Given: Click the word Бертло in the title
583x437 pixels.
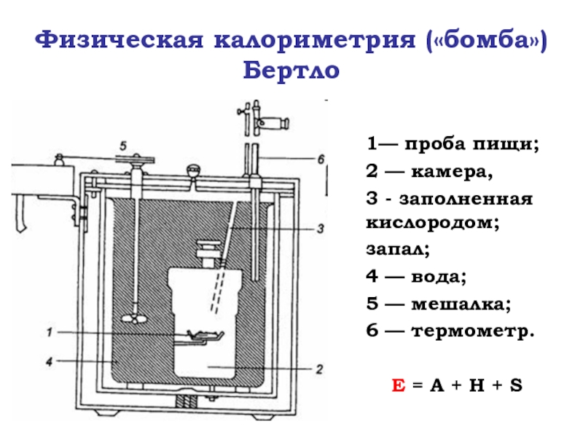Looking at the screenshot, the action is [x=291, y=71].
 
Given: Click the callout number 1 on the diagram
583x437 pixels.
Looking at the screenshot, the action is [x=50, y=333].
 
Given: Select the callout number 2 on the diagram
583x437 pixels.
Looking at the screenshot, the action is [x=318, y=369].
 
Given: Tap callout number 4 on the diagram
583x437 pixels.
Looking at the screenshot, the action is [x=48, y=361].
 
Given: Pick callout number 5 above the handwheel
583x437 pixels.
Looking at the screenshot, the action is [x=124, y=145].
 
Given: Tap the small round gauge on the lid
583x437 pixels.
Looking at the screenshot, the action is [x=193, y=170].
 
